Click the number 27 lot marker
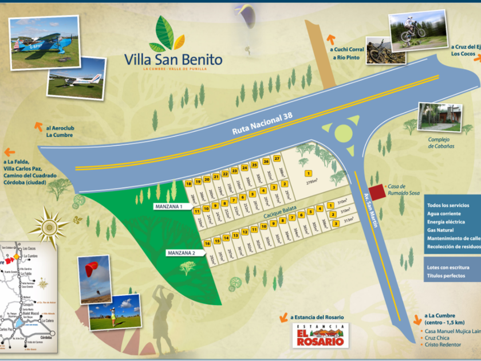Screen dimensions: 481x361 point(277,158)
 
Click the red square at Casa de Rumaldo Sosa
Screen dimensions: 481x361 point(377,191)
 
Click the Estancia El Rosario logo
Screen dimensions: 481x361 point(321,335)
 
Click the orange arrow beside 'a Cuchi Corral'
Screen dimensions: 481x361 point(330,39)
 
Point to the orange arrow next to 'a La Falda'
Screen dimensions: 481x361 point(9,152)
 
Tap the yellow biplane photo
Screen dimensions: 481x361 point(44,44)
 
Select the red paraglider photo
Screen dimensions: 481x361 point(94,279)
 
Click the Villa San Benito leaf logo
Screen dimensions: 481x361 point(167,34)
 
